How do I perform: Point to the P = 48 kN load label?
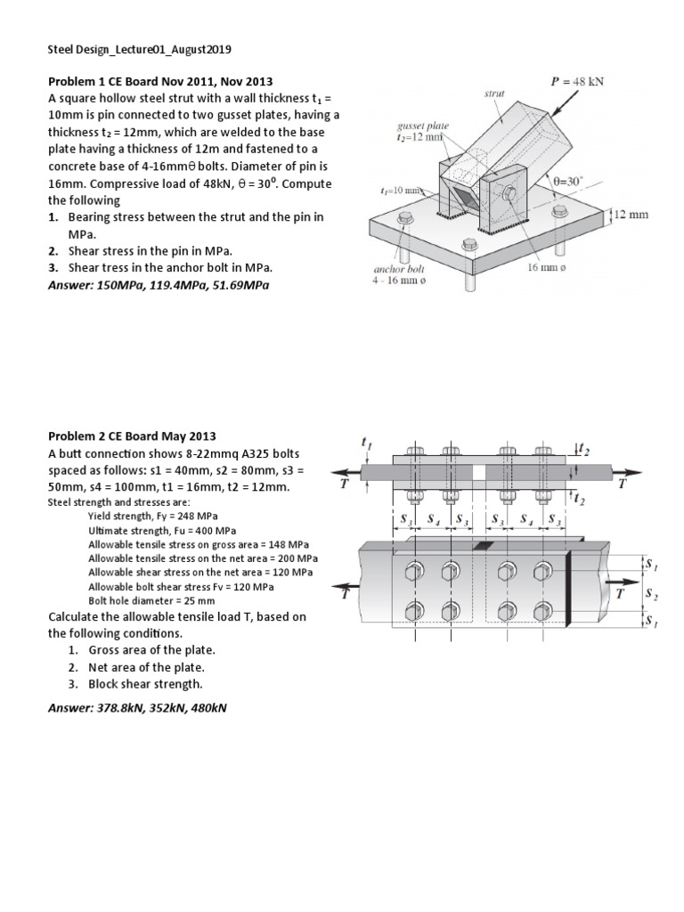click(578, 80)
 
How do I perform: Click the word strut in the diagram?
click(495, 93)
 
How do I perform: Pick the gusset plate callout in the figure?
click(424, 133)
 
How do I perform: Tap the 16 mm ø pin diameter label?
click(545, 267)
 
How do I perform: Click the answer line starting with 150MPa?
click(158, 285)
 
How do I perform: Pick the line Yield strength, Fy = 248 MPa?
click(152, 516)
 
